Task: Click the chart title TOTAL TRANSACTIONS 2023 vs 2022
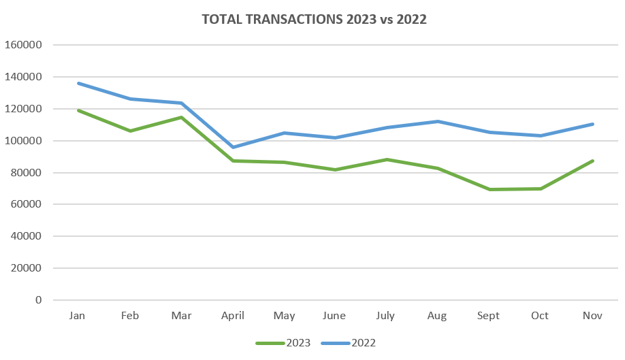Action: [314, 19]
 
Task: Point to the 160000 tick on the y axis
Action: [23, 45]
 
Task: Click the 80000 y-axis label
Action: [26, 173]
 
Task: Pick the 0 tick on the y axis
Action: [38, 300]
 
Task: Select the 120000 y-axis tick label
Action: [23, 109]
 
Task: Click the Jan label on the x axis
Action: [78, 316]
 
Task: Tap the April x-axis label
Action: [232, 316]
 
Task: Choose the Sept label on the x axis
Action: [488, 316]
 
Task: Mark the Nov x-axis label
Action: [592, 316]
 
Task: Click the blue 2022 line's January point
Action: [79, 83]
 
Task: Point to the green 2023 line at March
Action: [181, 117]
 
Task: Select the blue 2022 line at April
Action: [233, 147]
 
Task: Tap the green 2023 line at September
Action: [489, 189]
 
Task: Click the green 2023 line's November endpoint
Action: [592, 161]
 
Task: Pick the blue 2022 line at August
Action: [438, 121]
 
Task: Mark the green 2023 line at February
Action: [130, 131]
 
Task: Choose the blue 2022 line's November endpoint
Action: [592, 124]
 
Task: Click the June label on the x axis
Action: [335, 316]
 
